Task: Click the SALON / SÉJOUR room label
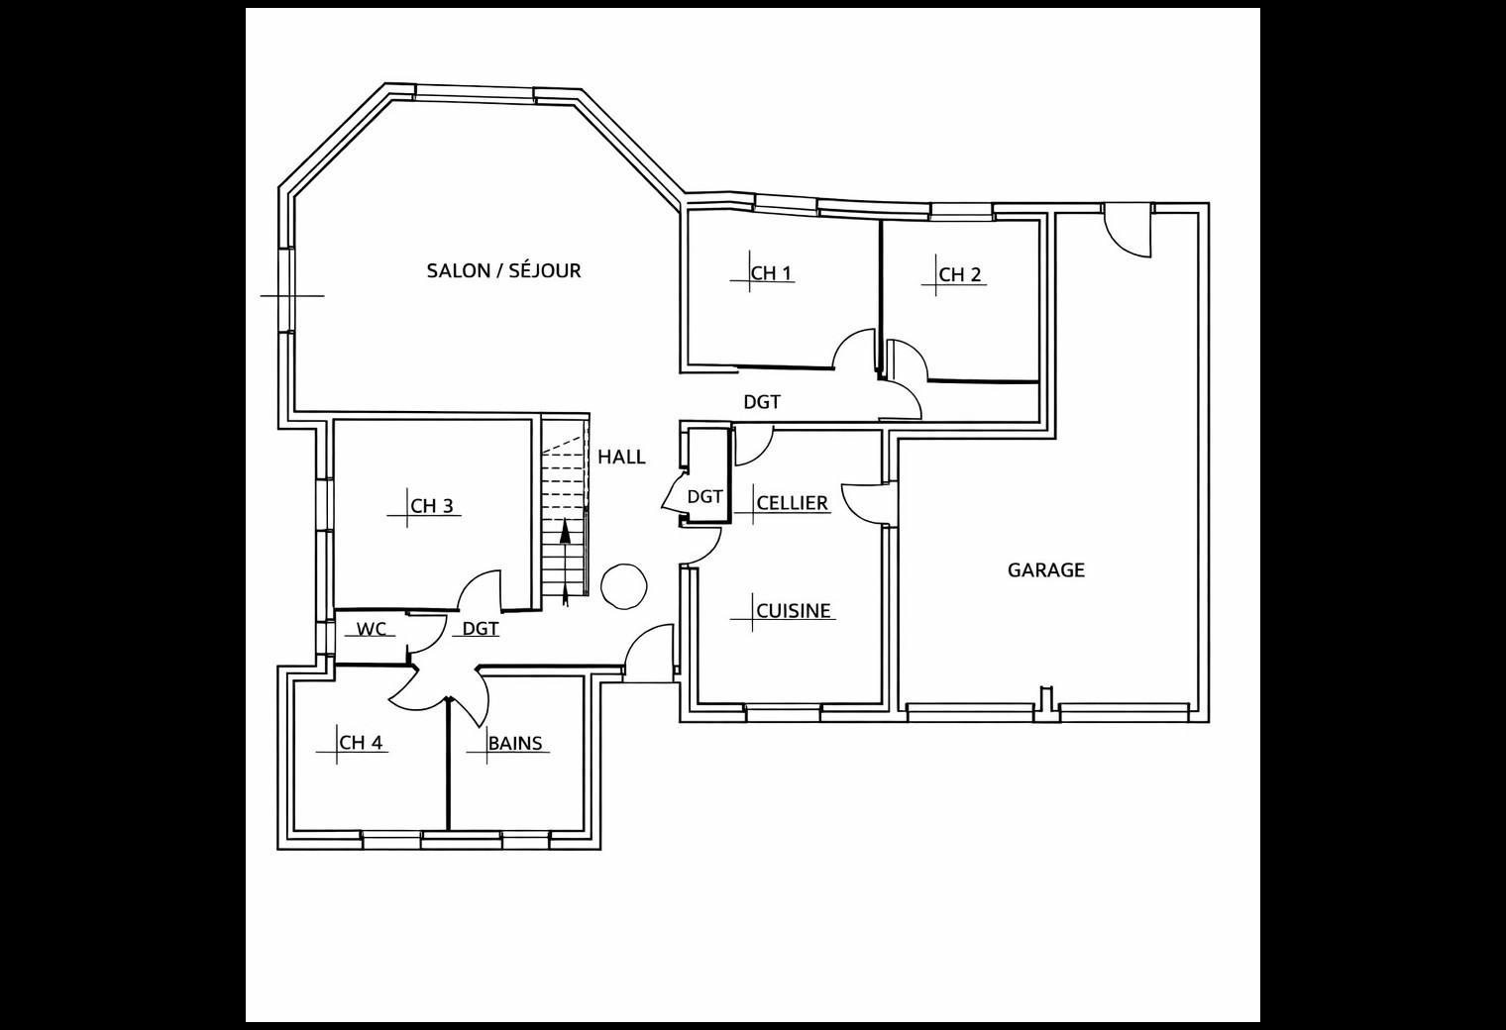pyautogui.click(x=503, y=270)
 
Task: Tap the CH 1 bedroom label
pyautogui.click(x=771, y=273)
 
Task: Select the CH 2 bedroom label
pyautogui.click(x=959, y=274)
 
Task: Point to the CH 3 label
pyautogui.click(x=432, y=506)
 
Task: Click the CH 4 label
pyautogui.click(x=361, y=743)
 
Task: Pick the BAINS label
pyautogui.click(x=515, y=743)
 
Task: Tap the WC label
pyautogui.click(x=372, y=629)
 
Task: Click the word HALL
pyautogui.click(x=622, y=458)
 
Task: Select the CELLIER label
pyautogui.click(x=792, y=503)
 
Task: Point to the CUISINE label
pyautogui.click(x=794, y=611)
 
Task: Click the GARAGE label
pyautogui.click(x=1046, y=570)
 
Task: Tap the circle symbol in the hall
pyautogui.click(x=624, y=586)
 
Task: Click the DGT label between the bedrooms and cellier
pyautogui.click(x=762, y=402)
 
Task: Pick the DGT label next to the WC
pyautogui.click(x=481, y=629)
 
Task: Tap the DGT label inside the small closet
pyautogui.click(x=704, y=497)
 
